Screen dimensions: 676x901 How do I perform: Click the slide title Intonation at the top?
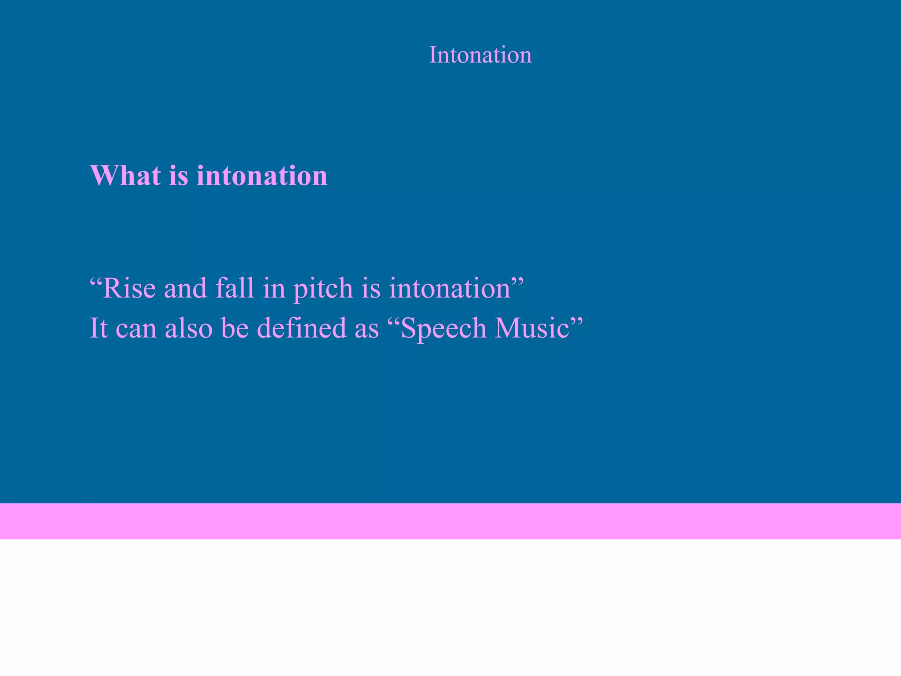point(480,55)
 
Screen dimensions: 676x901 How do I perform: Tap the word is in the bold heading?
point(179,175)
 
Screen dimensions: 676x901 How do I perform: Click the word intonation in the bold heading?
point(262,175)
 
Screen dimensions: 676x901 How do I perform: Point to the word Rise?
point(129,289)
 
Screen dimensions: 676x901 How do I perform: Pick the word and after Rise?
point(185,289)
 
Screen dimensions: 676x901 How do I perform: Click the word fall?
point(234,289)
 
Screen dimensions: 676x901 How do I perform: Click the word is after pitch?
point(371,289)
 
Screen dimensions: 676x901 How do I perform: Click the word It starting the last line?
point(99,328)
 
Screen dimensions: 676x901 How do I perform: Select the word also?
point(189,328)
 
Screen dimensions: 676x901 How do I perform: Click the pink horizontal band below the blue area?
point(450,521)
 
